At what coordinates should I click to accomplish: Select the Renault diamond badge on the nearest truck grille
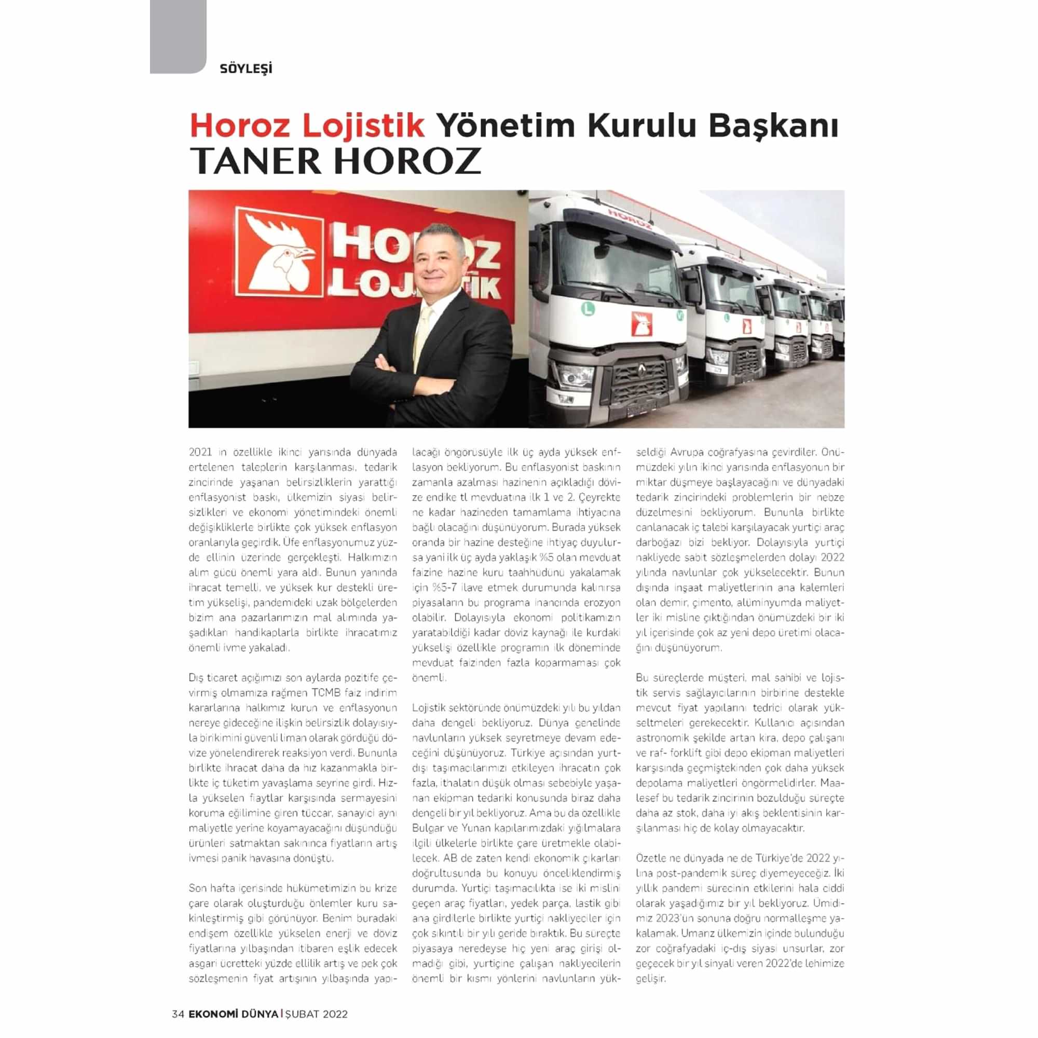click(641, 369)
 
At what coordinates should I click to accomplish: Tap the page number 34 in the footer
click(178, 1014)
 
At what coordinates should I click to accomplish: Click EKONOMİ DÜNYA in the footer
click(233, 1014)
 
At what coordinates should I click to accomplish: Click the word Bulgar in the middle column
click(425, 827)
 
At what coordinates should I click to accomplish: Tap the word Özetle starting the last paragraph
click(650, 857)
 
